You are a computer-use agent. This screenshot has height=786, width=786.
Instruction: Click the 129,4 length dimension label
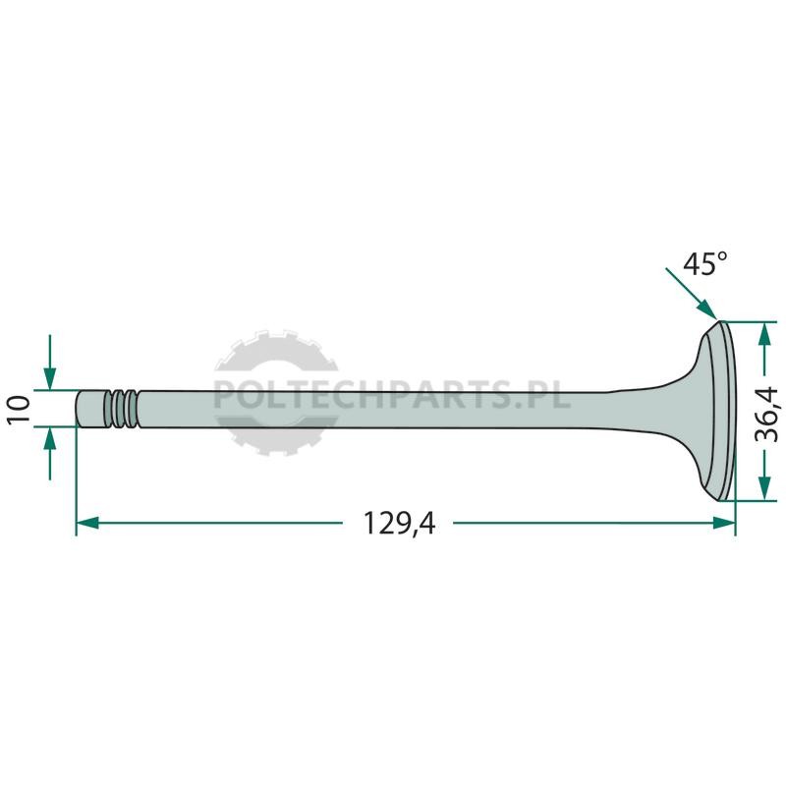click(399, 524)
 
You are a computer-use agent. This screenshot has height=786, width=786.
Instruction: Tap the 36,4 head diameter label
click(766, 414)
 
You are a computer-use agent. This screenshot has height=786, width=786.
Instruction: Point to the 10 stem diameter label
click(19, 410)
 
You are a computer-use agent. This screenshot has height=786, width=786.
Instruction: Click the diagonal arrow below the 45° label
click(692, 294)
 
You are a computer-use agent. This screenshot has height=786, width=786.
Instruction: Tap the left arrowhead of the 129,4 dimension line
click(87, 524)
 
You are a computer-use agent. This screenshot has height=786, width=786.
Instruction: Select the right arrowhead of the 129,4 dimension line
click(724, 524)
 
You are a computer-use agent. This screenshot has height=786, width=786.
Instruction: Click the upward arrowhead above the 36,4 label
click(764, 333)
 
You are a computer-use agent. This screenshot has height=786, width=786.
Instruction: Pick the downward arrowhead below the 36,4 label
click(764, 487)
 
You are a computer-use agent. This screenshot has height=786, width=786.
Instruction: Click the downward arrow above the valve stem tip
click(50, 362)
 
